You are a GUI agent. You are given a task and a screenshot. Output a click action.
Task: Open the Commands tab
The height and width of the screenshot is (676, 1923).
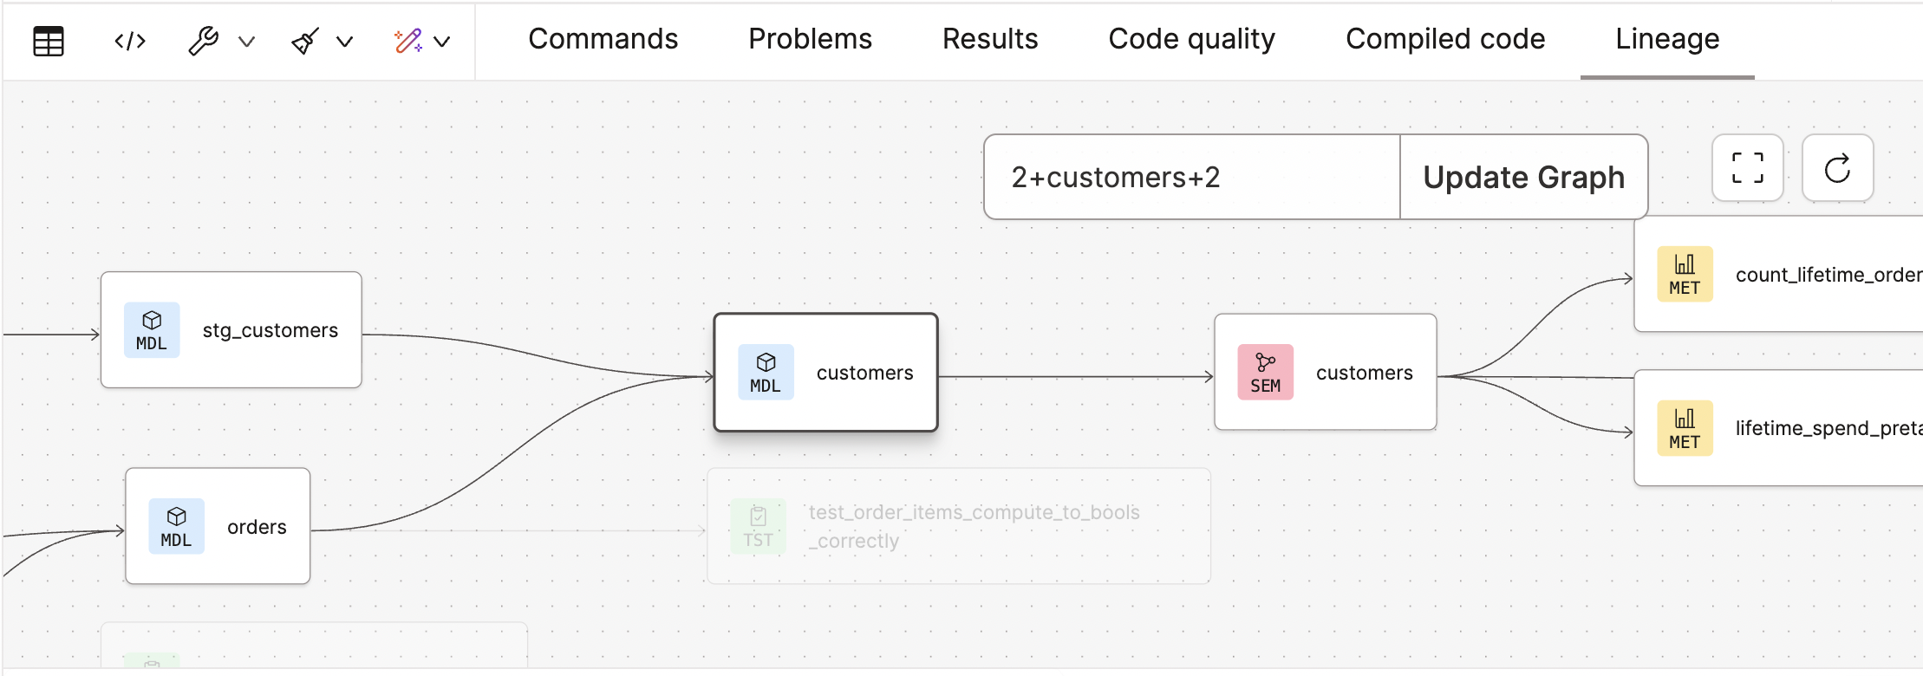[x=603, y=39]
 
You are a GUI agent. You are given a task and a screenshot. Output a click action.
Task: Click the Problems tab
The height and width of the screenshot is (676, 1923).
[x=810, y=39]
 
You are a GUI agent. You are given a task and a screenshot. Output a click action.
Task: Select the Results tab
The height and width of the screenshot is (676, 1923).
[x=989, y=39]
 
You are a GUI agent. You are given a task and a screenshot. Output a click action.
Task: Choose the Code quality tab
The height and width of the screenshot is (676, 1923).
[x=1191, y=39]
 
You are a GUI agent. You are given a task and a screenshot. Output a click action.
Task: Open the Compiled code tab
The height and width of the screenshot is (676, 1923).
[x=1444, y=39]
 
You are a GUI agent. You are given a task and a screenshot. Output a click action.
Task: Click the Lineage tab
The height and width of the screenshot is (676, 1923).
[x=1666, y=39]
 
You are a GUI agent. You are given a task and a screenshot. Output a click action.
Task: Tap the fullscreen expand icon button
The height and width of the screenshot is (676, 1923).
[x=1747, y=168]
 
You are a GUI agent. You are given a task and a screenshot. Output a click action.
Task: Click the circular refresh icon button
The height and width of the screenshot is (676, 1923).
[x=1837, y=168]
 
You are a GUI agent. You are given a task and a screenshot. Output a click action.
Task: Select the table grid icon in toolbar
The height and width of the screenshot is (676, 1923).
[x=49, y=41]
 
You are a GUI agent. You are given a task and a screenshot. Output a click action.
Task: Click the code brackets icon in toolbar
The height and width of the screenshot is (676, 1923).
[x=130, y=41]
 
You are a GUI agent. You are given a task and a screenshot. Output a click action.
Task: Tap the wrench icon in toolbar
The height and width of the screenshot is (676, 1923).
[x=204, y=41]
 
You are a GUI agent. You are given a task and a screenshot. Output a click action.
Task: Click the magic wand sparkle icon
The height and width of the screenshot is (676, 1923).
[x=407, y=41]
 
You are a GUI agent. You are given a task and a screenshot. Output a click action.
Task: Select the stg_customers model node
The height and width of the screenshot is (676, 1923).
[x=231, y=330]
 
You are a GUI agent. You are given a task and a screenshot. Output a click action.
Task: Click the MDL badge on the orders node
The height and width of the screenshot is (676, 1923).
[x=176, y=526]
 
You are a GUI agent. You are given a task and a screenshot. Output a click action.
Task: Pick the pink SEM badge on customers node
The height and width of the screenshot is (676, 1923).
[x=1265, y=373]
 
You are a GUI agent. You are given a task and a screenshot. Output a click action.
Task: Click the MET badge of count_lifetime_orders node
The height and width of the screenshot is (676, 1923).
[x=1684, y=274]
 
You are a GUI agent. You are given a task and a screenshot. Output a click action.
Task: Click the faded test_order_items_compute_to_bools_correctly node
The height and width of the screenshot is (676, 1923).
[x=958, y=526]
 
